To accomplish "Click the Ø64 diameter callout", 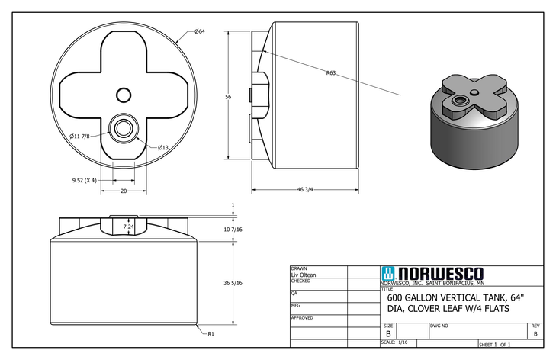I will coord(199,31).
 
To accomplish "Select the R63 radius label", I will coord(331,73).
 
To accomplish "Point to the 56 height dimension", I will coord(227,97).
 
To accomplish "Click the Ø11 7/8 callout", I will coord(80,136).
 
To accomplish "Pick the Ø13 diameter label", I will coord(163,147).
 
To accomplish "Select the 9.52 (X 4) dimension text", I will coord(78,181).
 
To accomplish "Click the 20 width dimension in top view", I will coord(124,192).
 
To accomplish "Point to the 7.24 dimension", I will coord(128,227).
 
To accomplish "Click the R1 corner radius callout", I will coord(210,333).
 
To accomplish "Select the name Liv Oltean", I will coord(304,275).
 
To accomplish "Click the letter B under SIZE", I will coord(388,334).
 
